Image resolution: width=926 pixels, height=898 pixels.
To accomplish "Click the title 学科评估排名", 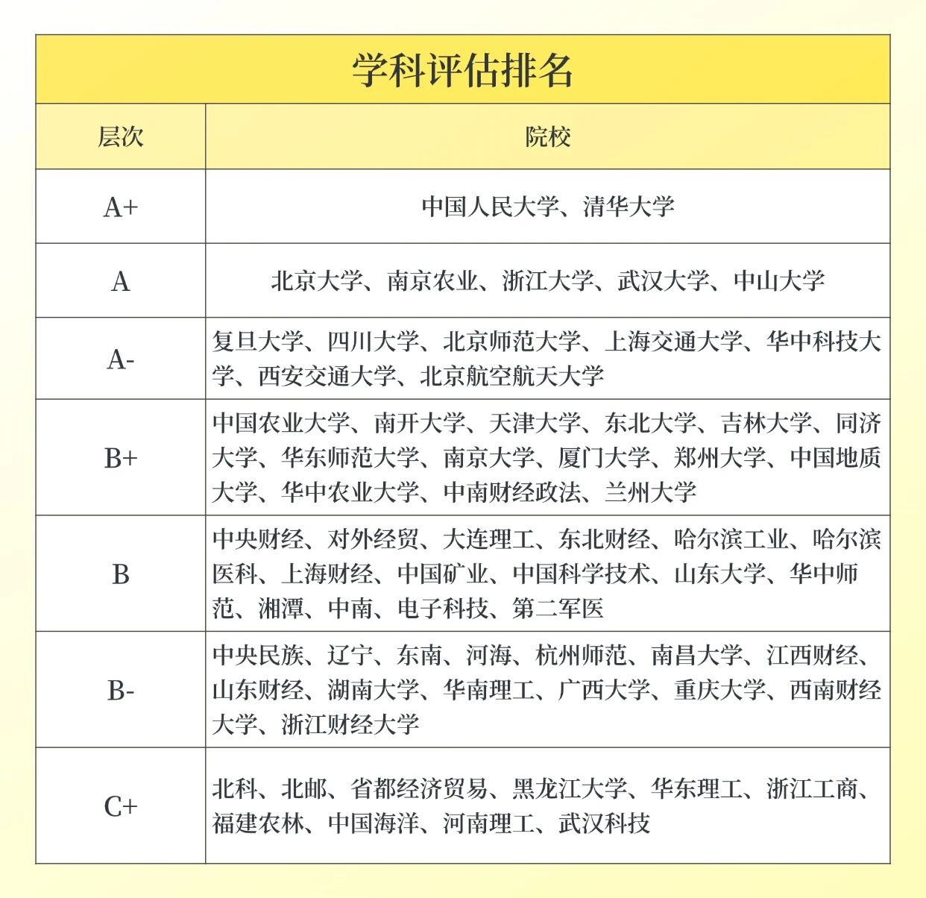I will (x=462, y=71).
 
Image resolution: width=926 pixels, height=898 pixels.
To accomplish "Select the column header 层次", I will (x=120, y=137).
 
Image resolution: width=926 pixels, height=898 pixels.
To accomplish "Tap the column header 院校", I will (x=548, y=137).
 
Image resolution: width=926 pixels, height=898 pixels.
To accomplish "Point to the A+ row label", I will (x=120, y=207).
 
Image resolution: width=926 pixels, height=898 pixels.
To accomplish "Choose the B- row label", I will (x=120, y=690).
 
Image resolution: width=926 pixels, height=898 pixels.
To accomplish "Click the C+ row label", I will (x=120, y=806).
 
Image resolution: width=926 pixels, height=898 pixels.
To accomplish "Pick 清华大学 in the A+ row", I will (x=629, y=207).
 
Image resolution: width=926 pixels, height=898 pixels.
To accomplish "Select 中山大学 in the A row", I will (x=779, y=281).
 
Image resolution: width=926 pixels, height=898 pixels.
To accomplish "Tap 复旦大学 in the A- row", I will (x=258, y=342).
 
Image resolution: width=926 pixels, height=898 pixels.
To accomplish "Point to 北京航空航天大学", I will (x=511, y=376).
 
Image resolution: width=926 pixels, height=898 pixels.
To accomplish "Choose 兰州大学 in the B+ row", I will (x=651, y=492).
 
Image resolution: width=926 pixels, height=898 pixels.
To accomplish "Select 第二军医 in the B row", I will (x=558, y=609).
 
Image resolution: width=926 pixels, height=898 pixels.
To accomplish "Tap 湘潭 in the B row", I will (x=281, y=609).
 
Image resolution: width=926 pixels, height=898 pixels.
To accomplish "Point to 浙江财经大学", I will (x=350, y=724).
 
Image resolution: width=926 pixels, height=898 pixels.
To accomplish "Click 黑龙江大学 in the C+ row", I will (x=570, y=788).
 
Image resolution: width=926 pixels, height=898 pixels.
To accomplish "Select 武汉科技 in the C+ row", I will (x=605, y=823).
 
